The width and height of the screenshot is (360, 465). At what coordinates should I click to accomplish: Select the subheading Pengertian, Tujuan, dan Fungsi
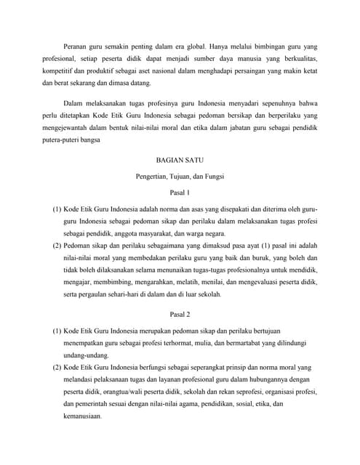click(179, 176)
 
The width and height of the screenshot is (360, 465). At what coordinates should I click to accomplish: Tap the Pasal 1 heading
click(179, 193)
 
